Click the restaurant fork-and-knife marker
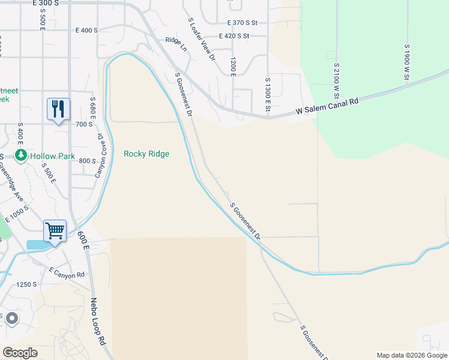(x=58, y=109)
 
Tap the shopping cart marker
(x=54, y=230)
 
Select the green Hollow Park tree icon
(x=22, y=156)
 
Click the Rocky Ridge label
(x=146, y=154)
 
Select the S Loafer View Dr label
(x=202, y=40)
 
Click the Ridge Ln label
(x=176, y=41)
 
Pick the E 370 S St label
(x=242, y=23)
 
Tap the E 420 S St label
(x=242, y=36)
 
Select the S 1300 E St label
(x=267, y=94)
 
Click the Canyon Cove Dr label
(x=100, y=155)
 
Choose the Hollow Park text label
(x=53, y=156)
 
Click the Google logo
(x=20, y=352)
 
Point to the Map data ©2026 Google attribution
(x=411, y=355)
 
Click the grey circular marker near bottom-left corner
(x=11, y=319)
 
